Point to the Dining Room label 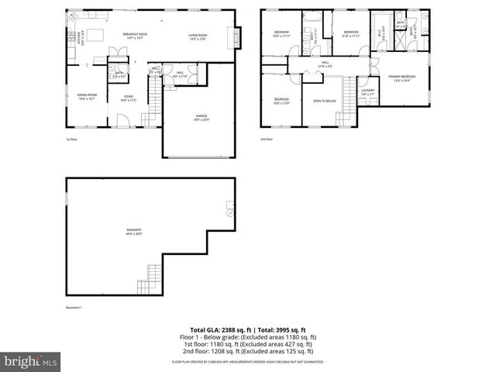point(86,97)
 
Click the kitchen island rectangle point(96,35)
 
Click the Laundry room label point(367,91)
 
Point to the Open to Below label point(324,101)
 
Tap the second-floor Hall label point(325,64)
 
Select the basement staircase point(153,275)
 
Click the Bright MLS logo point(31,361)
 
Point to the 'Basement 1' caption point(74,307)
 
